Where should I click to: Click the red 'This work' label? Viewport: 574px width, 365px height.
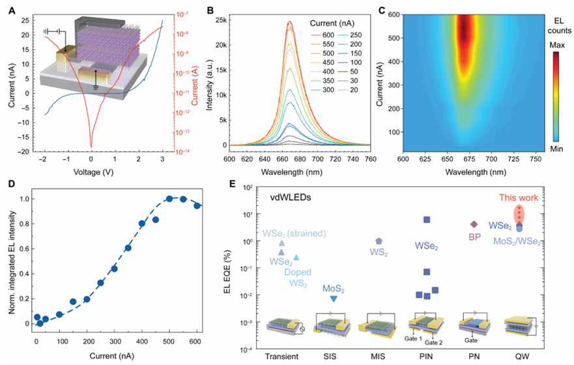(521, 198)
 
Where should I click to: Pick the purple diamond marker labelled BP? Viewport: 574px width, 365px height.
(474, 224)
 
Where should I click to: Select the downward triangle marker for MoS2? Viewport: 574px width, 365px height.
(334, 299)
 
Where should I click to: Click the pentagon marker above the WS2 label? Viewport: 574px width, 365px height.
(379, 241)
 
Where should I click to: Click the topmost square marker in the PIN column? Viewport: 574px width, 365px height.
(426, 220)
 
